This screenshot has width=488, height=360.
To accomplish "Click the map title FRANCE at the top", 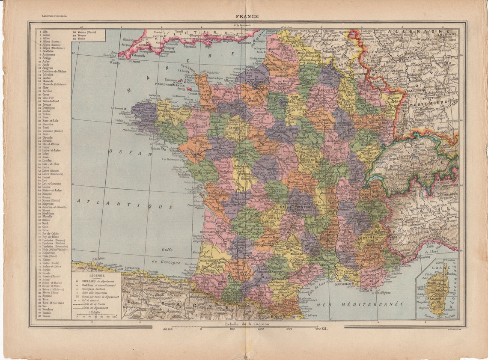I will click(247, 17).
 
